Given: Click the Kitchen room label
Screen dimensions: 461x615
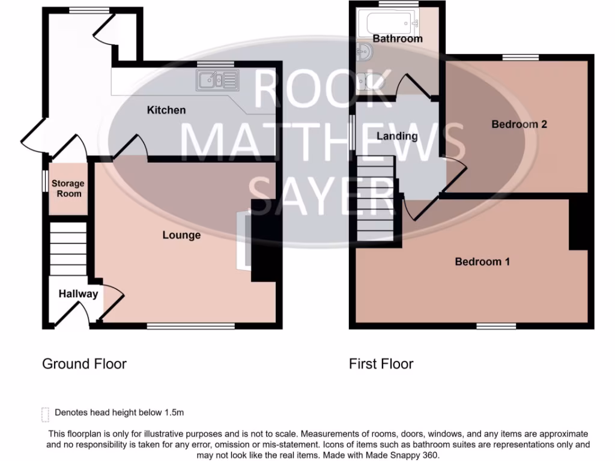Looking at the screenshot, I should click(x=166, y=110).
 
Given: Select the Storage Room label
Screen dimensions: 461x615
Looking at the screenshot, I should click(x=67, y=188).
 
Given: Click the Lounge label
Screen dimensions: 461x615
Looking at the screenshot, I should click(x=181, y=235).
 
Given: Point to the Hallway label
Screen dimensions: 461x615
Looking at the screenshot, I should click(x=78, y=294).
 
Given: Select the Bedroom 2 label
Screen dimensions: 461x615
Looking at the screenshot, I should click(x=519, y=124).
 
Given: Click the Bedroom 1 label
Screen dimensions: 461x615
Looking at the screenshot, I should click(x=482, y=261).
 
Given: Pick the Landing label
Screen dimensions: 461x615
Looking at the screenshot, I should click(x=397, y=136).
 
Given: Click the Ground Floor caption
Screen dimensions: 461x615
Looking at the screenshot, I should click(x=84, y=364).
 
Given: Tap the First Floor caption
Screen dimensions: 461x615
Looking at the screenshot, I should click(x=381, y=364).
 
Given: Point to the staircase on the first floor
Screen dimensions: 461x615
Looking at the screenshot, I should click(x=375, y=198).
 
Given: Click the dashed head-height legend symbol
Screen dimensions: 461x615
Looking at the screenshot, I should click(x=45, y=414).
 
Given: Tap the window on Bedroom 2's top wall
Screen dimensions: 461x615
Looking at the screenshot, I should click(x=520, y=58).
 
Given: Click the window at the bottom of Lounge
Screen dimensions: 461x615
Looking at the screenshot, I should click(x=190, y=326).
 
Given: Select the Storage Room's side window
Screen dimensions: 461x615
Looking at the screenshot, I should click(x=44, y=182).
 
